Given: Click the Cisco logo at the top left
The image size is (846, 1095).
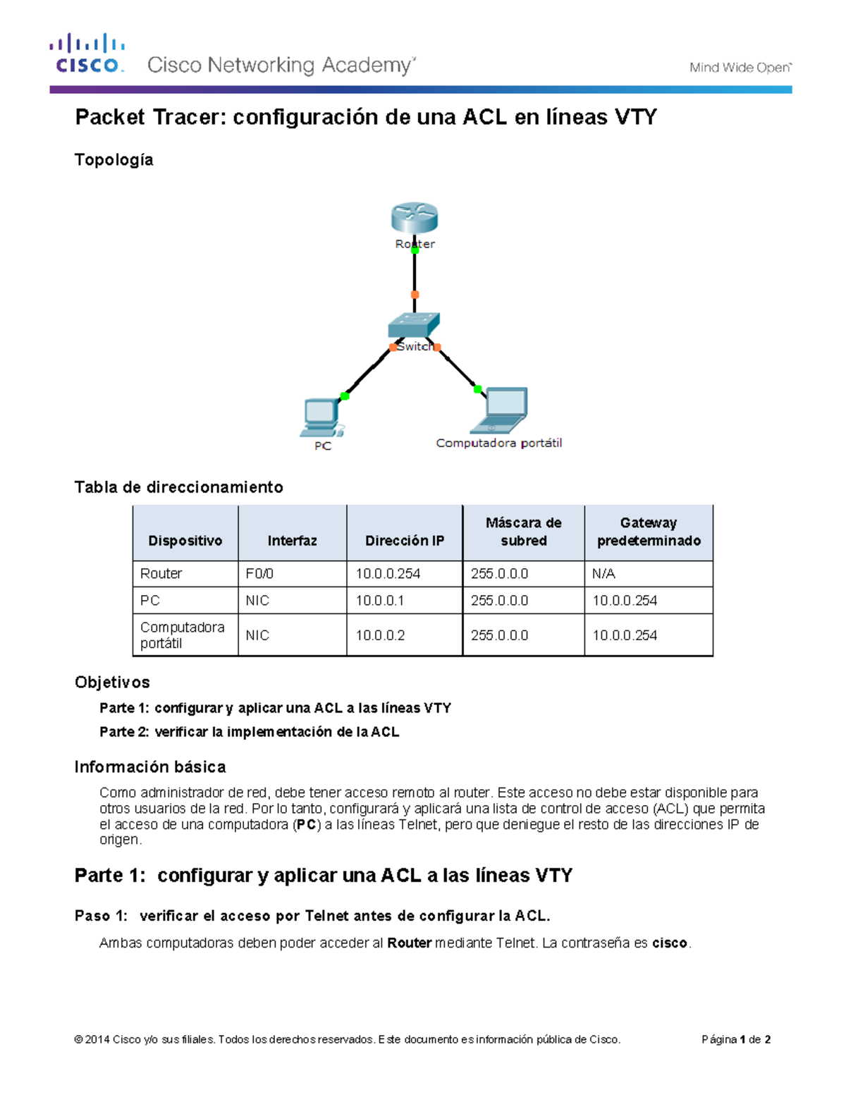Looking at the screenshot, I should point(87,54).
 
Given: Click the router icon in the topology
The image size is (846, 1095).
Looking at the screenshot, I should point(415,217).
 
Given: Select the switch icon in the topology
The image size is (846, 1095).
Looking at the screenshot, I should point(414,326).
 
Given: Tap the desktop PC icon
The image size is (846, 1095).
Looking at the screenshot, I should point(321,417).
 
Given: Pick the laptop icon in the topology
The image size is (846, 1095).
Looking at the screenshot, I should point(501,410).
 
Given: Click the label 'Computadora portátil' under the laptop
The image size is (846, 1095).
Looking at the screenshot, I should point(498,443).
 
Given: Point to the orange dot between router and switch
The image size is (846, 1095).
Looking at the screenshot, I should point(415,295).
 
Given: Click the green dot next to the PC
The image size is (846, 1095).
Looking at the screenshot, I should point(345,396).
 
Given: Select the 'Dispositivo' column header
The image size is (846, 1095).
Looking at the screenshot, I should point(185,541).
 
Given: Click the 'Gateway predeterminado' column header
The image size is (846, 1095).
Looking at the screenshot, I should point(649,532).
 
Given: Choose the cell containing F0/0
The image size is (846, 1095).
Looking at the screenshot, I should point(259,574).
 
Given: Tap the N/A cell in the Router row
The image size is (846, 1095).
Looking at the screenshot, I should point(603,574).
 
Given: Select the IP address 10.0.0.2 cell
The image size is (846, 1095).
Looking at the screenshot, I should point(380,635).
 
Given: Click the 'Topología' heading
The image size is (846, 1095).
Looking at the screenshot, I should point(114,160).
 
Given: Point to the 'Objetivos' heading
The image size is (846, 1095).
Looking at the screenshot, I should point(112,683).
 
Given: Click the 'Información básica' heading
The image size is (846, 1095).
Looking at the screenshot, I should point(150,767).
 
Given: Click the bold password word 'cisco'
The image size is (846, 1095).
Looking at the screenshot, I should point(669,943).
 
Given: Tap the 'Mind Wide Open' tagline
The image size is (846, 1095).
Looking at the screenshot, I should point(740,68).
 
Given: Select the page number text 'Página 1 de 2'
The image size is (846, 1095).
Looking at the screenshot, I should point(735,1039).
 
